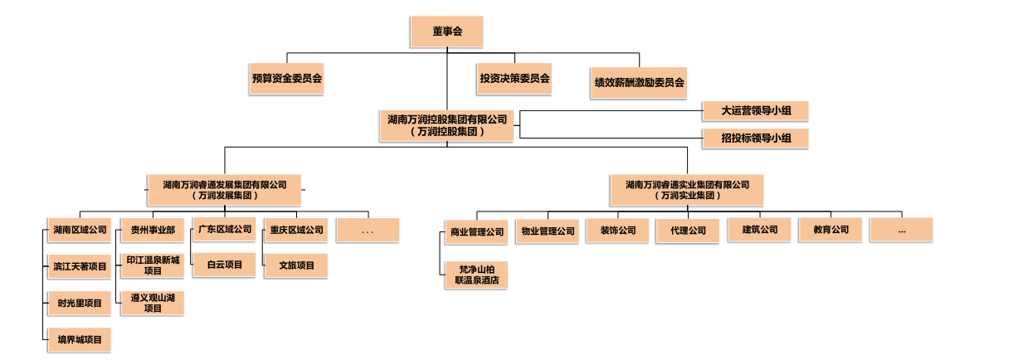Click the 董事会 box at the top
tap(446, 32)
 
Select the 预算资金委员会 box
tap(287, 80)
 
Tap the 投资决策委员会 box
tap(514, 80)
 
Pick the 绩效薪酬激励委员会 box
tap(639, 83)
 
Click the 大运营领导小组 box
tap(754, 110)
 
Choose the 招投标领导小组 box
tap(754, 139)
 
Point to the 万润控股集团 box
tap(446, 125)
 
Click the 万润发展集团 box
tap(224, 190)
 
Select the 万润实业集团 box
tap(687, 190)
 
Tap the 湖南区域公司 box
tap(80, 230)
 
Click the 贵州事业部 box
tap(152, 230)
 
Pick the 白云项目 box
tap(224, 265)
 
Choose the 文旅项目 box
tap(295, 265)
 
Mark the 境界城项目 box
tap(80, 339)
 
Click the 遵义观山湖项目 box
tap(152, 303)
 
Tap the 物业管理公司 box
tap(547, 231)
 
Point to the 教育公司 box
tap(830, 230)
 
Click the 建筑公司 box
tap(759, 230)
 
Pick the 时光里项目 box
tap(80, 304)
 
